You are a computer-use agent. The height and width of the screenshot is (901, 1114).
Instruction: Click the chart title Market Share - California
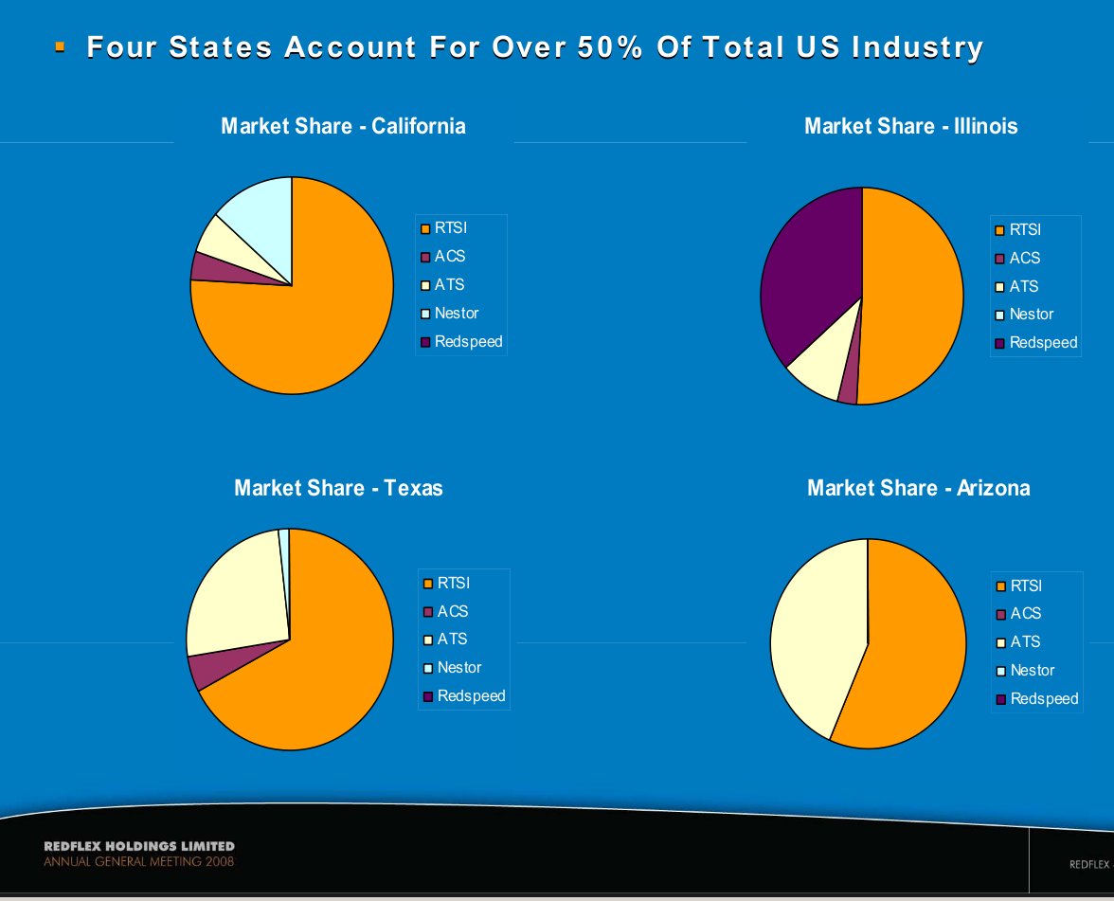pyautogui.click(x=343, y=126)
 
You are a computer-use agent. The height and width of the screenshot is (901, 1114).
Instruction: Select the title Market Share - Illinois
pyautogui.click(x=910, y=126)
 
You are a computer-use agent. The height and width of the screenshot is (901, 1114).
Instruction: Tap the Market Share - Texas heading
pyautogui.click(x=338, y=488)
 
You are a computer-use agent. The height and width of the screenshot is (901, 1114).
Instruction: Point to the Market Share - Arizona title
pyautogui.click(x=918, y=488)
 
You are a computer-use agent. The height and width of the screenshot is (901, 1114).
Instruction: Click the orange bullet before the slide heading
pyautogui.click(x=61, y=45)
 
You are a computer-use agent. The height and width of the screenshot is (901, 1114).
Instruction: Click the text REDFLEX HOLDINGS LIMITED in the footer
pyautogui.click(x=139, y=846)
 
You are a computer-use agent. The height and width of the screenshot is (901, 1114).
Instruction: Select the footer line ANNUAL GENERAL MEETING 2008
pyautogui.click(x=138, y=862)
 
